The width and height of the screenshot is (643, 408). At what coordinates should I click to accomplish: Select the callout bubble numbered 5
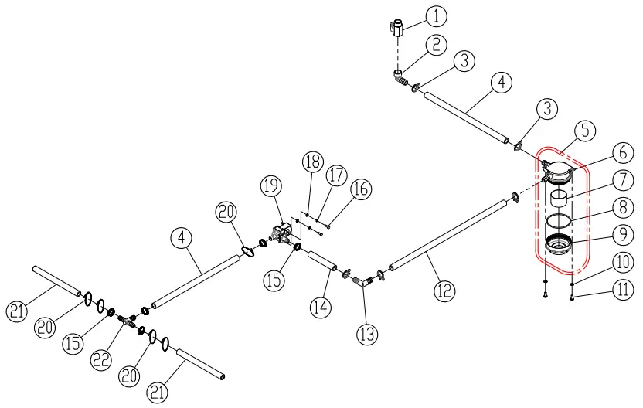[x=585, y=130]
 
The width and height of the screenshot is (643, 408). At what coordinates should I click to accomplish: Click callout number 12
[x=444, y=291]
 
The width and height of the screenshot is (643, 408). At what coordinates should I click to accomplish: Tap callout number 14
[x=321, y=307]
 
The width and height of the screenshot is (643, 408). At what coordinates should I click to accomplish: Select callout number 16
[x=360, y=188]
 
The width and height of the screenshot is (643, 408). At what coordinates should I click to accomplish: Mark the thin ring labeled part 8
[x=560, y=221]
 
